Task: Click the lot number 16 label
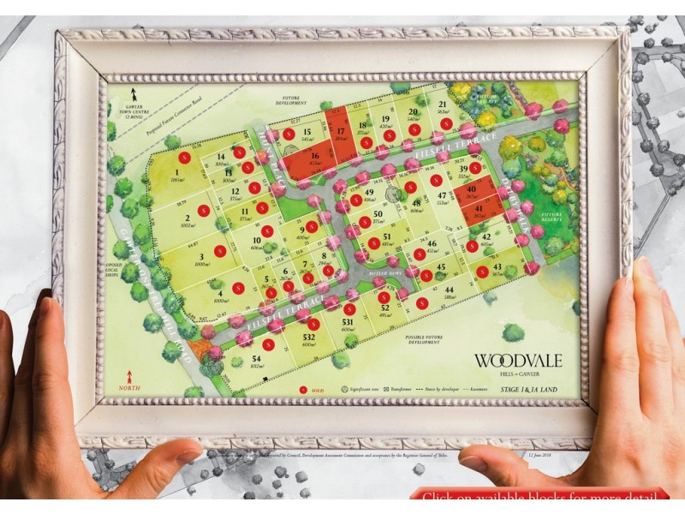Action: (315, 155)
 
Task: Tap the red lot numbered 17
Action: (341, 131)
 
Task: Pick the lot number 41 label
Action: (479, 208)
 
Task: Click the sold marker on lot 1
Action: (183, 158)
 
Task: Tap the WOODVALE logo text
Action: (519, 360)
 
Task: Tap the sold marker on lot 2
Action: (204, 210)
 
